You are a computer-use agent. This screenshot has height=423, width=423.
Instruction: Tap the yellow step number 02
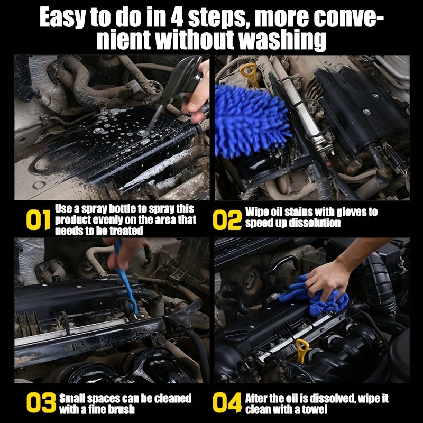pos(227,220)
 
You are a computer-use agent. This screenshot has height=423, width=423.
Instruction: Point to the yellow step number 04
pos(227,403)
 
